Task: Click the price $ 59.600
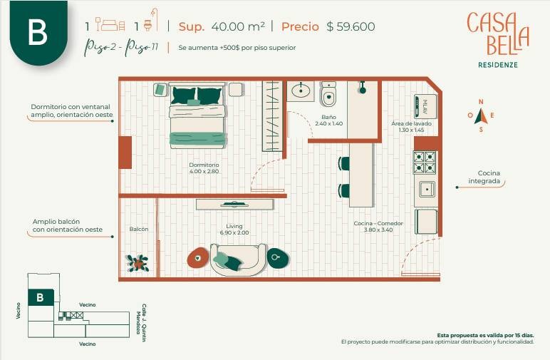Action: (351, 26)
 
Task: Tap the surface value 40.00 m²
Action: (238, 26)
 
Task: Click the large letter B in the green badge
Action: (37, 32)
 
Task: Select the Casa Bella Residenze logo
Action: (498, 39)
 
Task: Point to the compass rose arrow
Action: (481, 116)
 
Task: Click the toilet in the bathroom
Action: (328, 94)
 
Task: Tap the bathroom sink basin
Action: (301, 91)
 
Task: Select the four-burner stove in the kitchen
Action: (425, 162)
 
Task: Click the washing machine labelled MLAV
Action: (425, 106)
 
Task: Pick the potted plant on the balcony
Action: (137, 263)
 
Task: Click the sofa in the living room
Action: (238, 259)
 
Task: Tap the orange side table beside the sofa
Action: (198, 258)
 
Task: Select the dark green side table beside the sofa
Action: (278, 258)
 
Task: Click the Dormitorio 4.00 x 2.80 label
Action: (204, 168)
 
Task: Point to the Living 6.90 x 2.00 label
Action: (234, 230)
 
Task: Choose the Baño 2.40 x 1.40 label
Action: (328, 120)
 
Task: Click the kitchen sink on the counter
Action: (427, 190)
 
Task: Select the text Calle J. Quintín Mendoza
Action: (142, 323)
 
